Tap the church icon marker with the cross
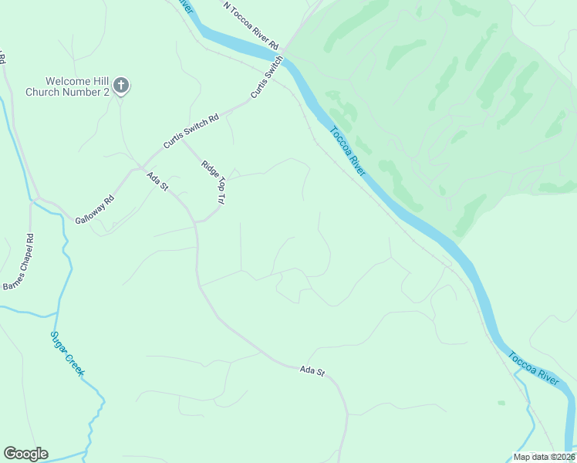pos(121,85)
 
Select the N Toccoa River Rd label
pos(251,25)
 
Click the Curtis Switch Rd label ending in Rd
pos(191,131)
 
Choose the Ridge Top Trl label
pos(213,182)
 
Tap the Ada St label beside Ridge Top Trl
pos(157,182)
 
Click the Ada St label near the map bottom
pos(312,371)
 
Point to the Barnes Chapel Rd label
pos(19,262)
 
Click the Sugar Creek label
pos(67,353)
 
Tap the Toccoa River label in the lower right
pos(533,367)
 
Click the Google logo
pos(25,454)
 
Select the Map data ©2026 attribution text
pos(544,457)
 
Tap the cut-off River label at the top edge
pos(184,5)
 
